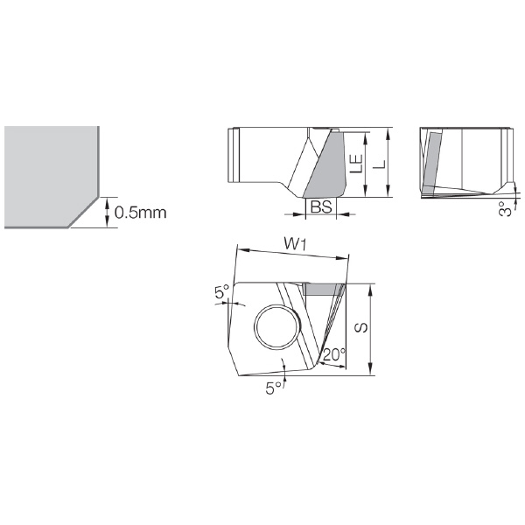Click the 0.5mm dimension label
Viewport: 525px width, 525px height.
click(x=140, y=213)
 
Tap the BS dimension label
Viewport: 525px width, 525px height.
click(x=321, y=206)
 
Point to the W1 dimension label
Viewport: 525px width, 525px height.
click(x=295, y=245)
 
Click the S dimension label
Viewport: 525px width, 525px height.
click(x=360, y=328)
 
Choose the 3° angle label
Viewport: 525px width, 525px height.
click(x=505, y=208)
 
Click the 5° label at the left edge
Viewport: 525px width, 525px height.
click(x=221, y=292)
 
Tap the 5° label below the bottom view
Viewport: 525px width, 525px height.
click(x=274, y=388)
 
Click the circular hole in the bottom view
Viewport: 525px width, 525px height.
click(x=277, y=326)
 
